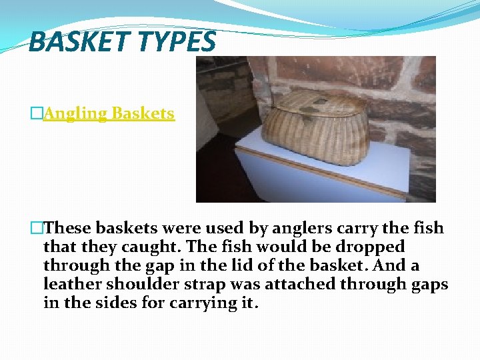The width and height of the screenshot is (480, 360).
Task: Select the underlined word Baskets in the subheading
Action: click(143, 113)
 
